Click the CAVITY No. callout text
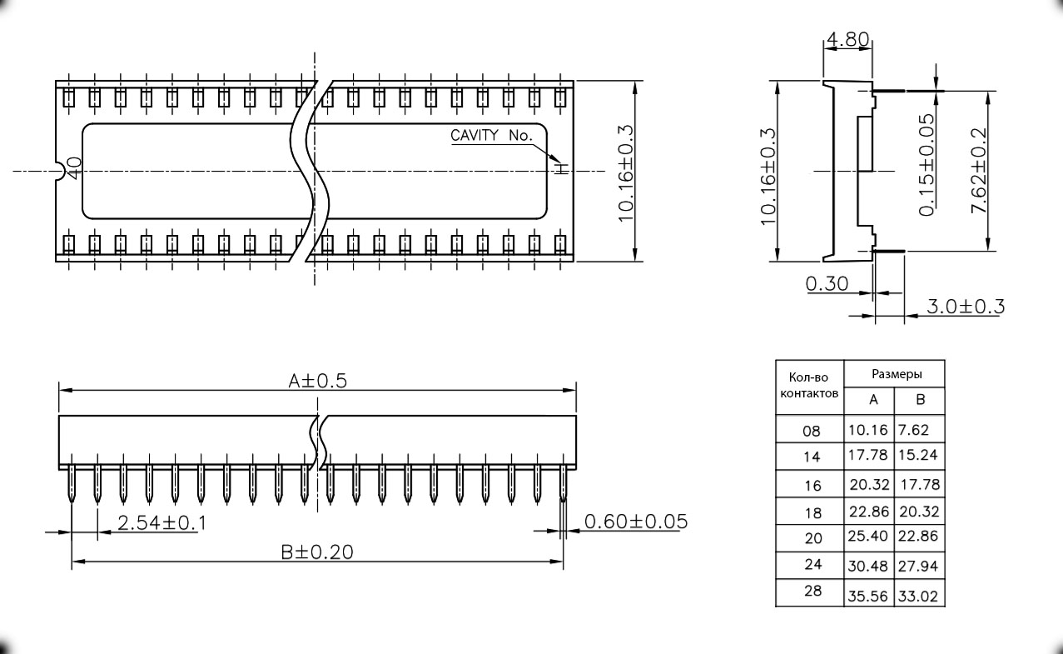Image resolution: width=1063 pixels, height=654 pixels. point(490,135)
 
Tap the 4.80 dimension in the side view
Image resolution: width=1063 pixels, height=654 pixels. point(847,39)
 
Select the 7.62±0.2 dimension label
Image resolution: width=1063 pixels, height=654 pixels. point(980,171)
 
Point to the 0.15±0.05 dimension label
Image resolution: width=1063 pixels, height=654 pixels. point(926,165)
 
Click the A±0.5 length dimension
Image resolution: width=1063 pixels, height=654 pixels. point(316,381)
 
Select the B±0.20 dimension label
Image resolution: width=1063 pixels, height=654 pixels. point(317,552)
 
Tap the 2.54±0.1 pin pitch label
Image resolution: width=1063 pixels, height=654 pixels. point(161,523)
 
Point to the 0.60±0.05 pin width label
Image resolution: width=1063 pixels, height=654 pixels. point(636,522)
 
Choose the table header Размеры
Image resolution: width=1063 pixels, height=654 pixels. point(896,374)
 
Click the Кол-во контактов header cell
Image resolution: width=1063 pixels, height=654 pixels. point(808,385)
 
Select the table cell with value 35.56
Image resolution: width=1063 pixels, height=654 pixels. point(868,597)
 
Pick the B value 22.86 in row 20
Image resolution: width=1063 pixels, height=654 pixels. point(918,537)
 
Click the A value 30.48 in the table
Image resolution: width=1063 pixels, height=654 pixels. point(868,566)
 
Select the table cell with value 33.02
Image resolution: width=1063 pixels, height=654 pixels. point(918,597)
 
